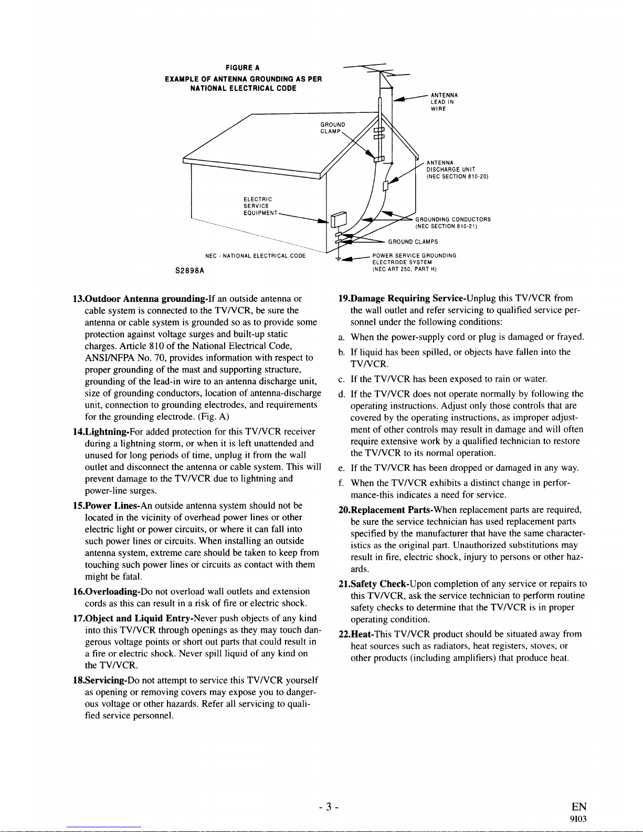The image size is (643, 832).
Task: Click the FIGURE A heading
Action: tap(243, 68)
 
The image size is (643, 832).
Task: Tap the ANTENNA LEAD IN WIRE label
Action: tap(444, 102)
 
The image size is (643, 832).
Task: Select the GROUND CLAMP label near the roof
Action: tap(332, 128)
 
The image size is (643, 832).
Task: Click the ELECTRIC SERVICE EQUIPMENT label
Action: tap(258, 206)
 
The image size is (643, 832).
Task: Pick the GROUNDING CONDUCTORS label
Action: tap(452, 223)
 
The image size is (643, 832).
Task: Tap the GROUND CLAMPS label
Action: tap(413, 242)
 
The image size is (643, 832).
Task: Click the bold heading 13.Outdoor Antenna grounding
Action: tap(138, 299)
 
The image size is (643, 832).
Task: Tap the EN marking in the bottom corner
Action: tap(578, 807)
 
